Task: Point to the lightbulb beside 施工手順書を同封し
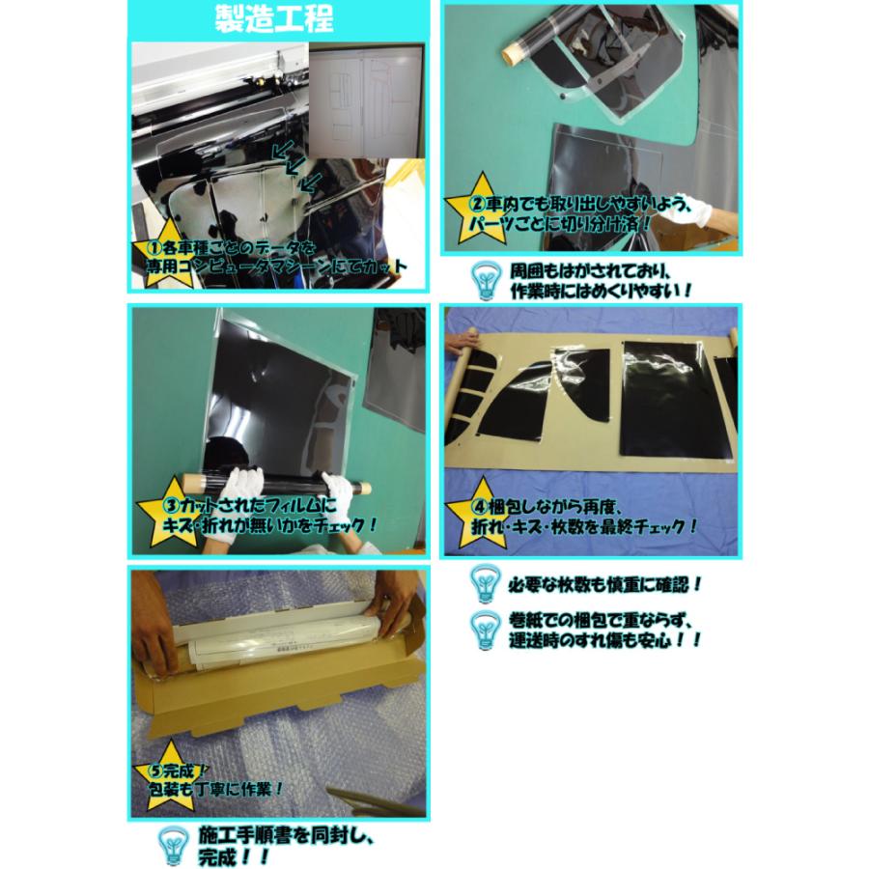[x=172, y=845]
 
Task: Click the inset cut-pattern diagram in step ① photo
[x=365, y=103]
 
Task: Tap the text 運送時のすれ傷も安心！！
[x=606, y=640]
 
